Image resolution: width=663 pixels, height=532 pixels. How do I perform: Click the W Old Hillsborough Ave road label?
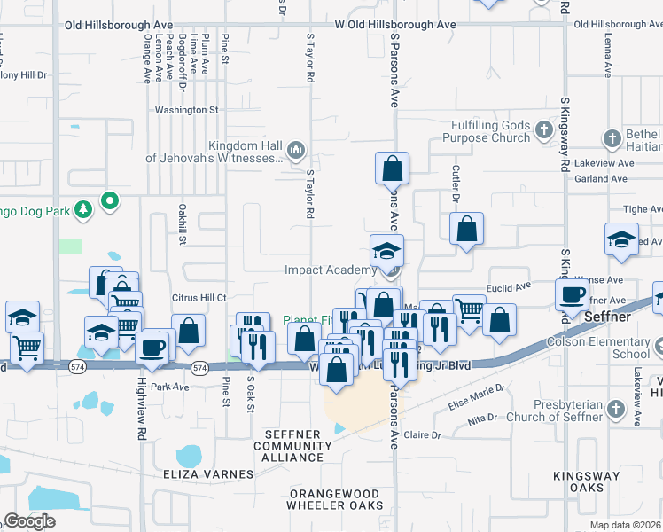[394, 25]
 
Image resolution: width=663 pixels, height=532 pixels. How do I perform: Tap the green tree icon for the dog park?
[82, 208]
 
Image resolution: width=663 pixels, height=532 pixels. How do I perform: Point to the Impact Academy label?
[331, 270]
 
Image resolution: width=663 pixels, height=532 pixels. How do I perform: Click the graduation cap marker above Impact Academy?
[387, 251]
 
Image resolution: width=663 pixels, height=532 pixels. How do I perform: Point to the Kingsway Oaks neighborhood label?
[586, 482]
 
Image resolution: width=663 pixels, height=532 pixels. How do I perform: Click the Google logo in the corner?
[29, 521]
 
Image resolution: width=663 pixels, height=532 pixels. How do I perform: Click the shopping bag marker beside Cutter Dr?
[466, 230]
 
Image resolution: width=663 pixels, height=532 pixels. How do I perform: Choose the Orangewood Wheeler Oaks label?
[334, 498]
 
